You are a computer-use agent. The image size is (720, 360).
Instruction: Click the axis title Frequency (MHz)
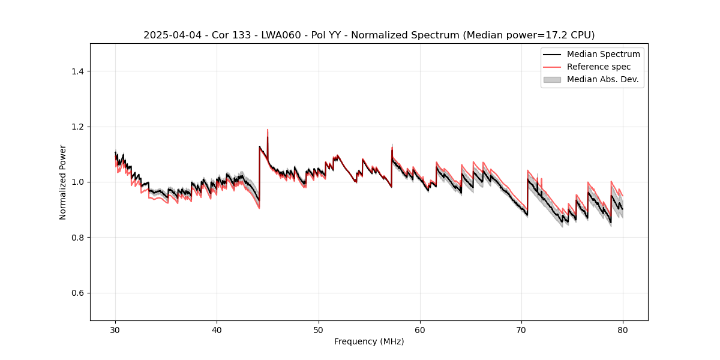pos(369,341)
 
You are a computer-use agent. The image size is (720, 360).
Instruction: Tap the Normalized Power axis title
pos(63,182)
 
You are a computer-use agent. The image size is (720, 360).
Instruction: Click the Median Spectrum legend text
pos(603,54)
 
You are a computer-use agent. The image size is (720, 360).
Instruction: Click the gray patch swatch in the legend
pos(552,79)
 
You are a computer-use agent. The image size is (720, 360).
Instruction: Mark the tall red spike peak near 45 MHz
pos(268,130)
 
